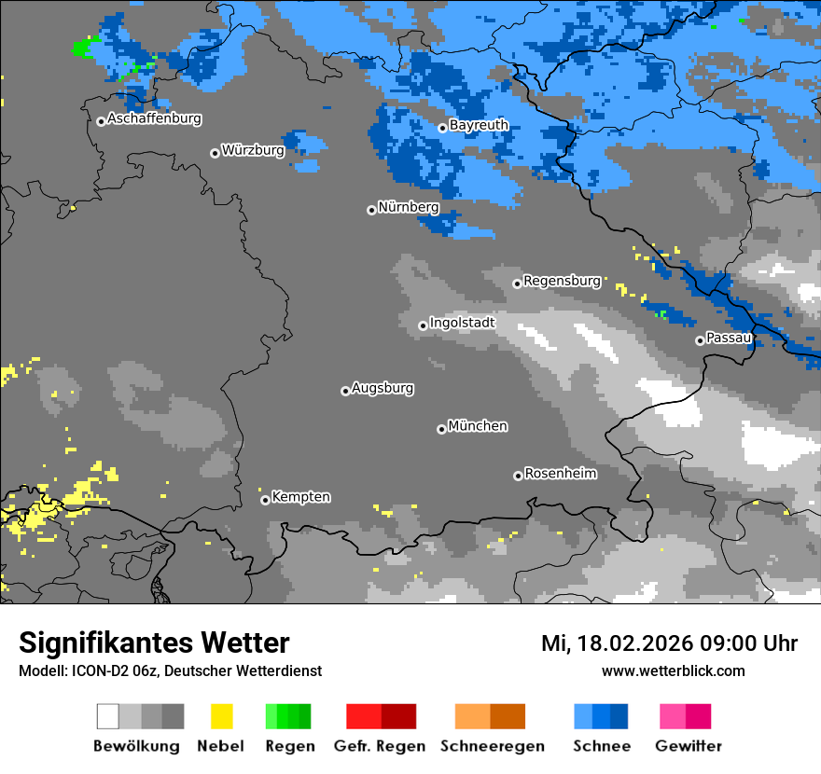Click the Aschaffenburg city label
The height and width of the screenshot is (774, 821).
click(x=154, y=119)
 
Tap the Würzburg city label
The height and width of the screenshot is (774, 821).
click(x=253, y=150)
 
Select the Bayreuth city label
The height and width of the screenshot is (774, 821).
click(x=479, y=125)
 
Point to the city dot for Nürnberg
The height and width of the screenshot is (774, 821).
click(x=371, y=210)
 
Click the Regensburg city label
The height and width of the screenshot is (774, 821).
click(x=562, y=281)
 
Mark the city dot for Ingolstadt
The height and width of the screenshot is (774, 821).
click(x=423, y=325)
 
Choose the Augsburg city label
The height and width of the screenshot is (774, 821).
click(x=383, y=388)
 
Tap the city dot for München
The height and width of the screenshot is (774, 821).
click(x=441, y=429)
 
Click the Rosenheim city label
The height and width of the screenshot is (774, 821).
click(x=561, y=474)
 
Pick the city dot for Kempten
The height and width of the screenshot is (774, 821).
click(x=265, y=500)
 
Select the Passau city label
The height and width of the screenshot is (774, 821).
click(x=729, y=338)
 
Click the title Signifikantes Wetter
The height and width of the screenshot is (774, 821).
click(x=154, y=643)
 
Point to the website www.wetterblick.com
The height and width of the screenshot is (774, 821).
click(x=673, y=670)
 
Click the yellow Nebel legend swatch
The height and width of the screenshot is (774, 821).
click(x=221, y=716)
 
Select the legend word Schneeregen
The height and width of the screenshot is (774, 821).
click(x=492, y=746)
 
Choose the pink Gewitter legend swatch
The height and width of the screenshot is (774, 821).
click(x=673, y=716)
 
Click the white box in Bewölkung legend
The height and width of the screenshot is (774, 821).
click(x=108, y=716)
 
